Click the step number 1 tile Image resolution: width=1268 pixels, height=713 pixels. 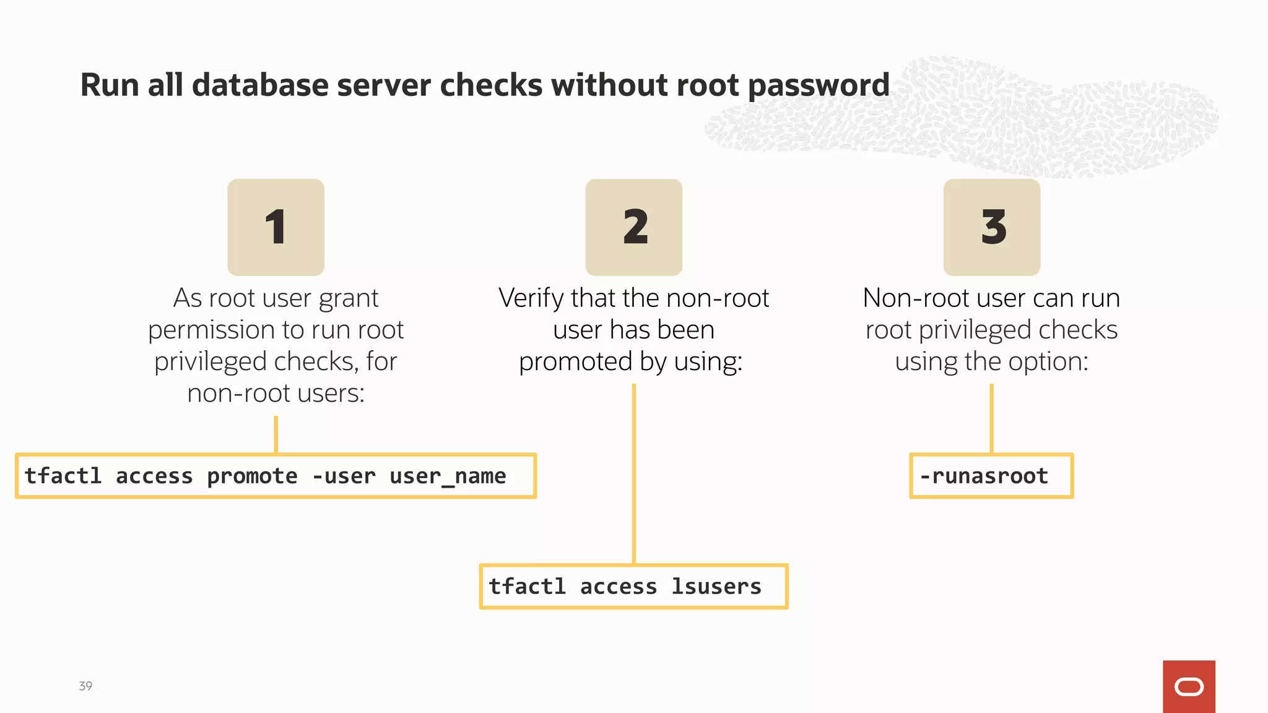click(x=276, y=227)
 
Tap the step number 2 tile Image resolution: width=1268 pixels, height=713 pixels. click(x=633, y=227)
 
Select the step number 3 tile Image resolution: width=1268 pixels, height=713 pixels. click(x=991, y=227)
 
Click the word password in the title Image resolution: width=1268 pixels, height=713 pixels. click(x=819, y=85)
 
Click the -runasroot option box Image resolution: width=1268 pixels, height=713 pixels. click(x=991, y=475)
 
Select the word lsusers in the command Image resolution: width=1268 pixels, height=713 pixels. click(x=716, y=586)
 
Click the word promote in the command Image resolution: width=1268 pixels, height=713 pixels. click(x=252, y=476)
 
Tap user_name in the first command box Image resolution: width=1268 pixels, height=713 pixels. click(x=448, y=476)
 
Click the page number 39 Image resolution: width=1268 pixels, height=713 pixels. click(x=85, y=686)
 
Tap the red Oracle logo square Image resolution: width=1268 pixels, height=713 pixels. click(x=1189, y=686)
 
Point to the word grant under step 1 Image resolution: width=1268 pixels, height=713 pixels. click(x=348, y=298)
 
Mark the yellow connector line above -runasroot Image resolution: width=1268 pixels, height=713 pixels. click(x=991, y=418)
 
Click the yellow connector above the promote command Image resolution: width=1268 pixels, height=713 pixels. click(x=276, y=434)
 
